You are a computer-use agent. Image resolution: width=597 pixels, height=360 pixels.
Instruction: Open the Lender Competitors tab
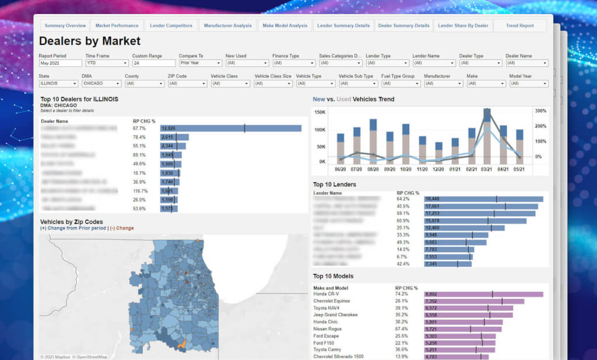(171, 26)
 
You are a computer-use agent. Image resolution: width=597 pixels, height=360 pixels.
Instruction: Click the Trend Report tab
(519, 26)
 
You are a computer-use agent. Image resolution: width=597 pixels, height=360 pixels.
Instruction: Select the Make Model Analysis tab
(285, 26)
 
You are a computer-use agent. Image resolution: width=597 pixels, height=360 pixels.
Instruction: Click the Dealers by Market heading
(90, 41)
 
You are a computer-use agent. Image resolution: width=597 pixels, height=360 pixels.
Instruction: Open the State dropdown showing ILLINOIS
(58, 83)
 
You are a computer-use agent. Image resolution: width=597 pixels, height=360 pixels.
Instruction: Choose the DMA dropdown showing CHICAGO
(101, 83)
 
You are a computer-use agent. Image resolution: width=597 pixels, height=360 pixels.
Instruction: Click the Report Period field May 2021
(60, 63)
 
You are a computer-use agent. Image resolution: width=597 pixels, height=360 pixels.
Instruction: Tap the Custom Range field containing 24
(154, 63)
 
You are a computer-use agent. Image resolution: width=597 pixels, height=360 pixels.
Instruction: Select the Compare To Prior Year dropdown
(200, 63)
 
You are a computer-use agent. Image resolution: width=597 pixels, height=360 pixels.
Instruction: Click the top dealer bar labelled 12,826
(231, 128)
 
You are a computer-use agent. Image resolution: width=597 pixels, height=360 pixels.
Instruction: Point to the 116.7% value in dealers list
(140, 190)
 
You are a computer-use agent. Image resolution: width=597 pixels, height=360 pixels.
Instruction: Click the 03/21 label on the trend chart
(487, 169)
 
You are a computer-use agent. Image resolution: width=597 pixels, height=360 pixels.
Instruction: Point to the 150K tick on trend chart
(319, 112)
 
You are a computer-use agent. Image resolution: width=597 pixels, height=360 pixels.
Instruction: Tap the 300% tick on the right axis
(540, 111)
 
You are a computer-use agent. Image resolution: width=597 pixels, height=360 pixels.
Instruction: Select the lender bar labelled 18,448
(483, 199)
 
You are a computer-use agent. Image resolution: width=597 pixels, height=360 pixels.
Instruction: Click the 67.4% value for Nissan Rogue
(402, 329)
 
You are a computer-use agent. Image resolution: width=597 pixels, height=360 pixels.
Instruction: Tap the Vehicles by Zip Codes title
(71, 222)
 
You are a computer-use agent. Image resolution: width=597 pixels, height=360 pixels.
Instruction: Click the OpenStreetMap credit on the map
(92, 357)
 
